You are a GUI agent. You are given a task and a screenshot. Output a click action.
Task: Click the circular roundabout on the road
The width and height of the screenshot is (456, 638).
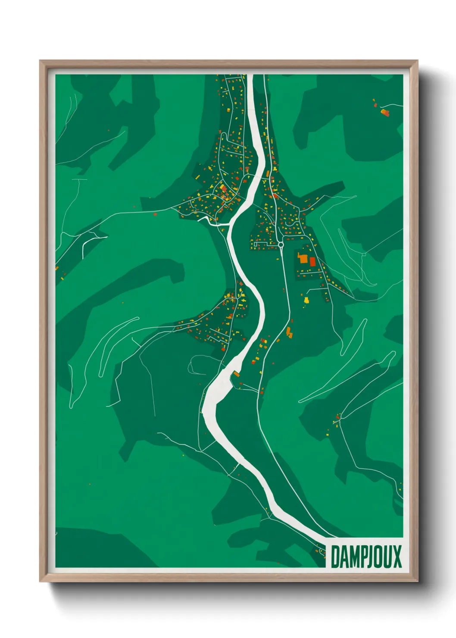tap(281, 245)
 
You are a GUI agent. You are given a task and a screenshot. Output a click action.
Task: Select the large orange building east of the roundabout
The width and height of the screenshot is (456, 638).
tap(303, 259)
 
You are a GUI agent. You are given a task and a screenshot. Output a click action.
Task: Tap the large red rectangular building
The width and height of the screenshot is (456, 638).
tap(312, 262)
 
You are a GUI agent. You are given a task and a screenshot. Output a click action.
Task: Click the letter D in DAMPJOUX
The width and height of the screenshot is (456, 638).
tap(335, 557)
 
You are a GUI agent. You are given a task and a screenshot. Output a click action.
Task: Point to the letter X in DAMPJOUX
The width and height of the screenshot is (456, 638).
tap(397, 557)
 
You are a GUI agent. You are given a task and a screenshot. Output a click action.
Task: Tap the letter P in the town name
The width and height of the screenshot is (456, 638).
tap(363, 557)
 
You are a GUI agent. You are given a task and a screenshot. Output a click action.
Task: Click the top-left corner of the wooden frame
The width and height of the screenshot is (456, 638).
tap(40, 61)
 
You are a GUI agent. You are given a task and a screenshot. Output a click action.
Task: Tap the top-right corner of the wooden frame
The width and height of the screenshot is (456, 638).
tap(417, 61)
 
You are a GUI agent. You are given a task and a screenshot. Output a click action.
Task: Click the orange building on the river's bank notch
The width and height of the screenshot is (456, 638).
tap(236, 374)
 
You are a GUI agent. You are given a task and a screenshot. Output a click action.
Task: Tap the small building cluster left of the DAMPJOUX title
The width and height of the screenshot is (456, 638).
tap(321, 550)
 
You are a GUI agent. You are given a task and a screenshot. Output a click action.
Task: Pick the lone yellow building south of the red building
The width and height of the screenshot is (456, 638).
tap(306, 300)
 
